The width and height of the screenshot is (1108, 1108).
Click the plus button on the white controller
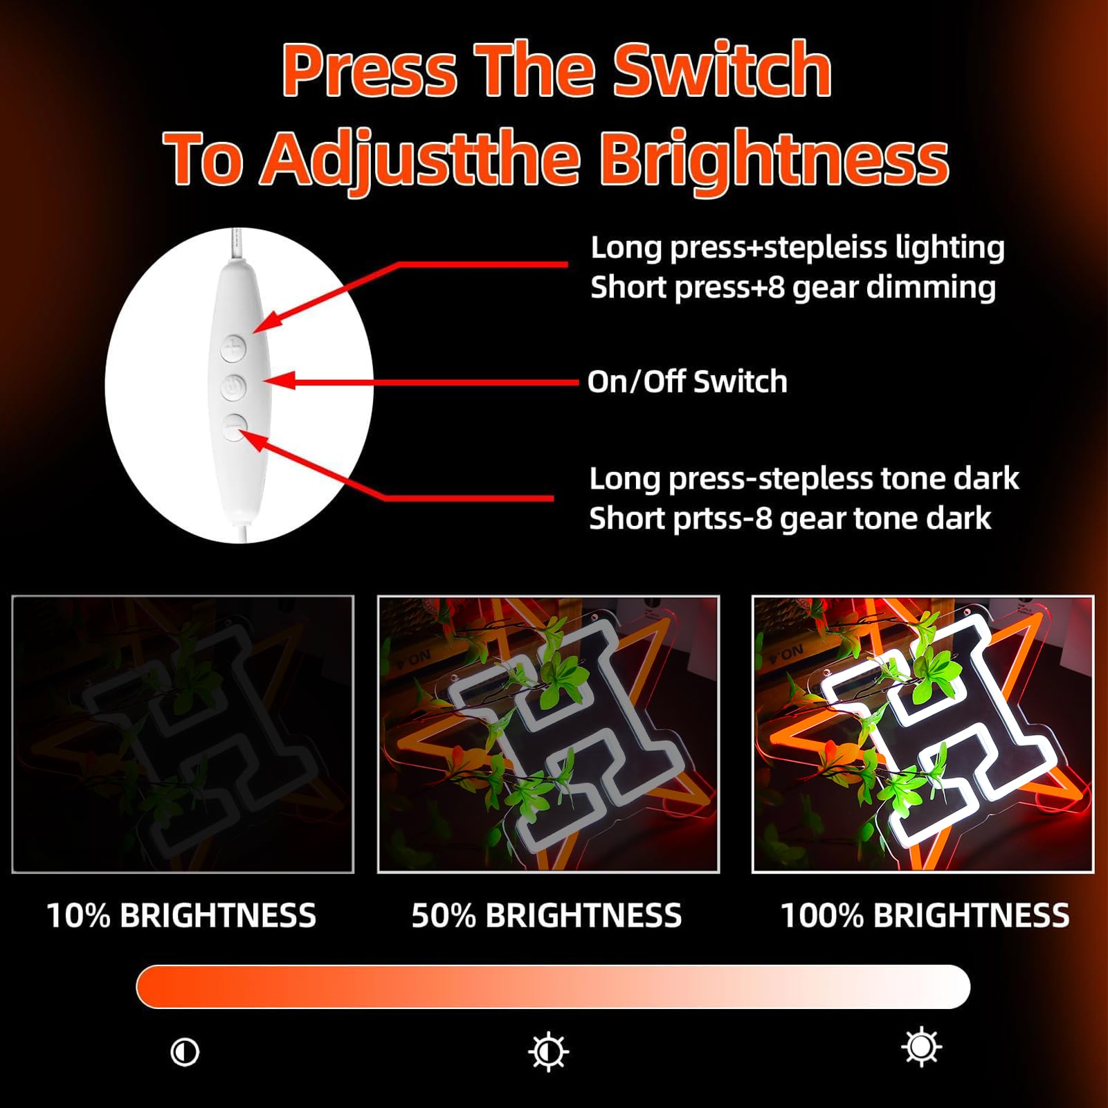coord(234,348)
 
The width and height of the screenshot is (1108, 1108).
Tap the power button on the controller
coord(234,387)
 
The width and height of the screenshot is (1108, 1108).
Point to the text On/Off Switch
coord(687,381)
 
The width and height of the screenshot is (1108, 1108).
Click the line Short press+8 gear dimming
coord(793,287)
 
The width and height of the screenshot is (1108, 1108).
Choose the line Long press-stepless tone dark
coord(804,478)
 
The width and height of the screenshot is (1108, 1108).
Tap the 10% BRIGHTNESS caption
coord(181,915)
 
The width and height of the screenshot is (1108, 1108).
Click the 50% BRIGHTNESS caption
coord(547,915)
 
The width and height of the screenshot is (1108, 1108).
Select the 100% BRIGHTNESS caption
coord(925,915)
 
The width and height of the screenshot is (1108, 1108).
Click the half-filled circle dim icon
coord(185,1052)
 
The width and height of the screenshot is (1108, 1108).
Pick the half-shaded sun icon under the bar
coord(548,1052)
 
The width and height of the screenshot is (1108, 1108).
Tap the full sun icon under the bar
coord(922,1047)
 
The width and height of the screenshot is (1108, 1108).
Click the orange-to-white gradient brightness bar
coord(553,986)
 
